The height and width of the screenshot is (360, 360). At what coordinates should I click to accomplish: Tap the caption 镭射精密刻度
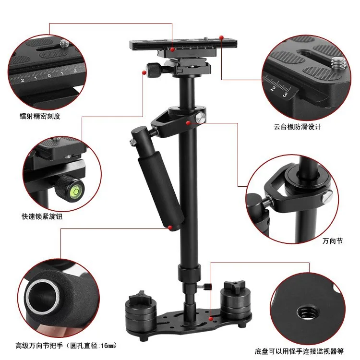[x=40, y=116]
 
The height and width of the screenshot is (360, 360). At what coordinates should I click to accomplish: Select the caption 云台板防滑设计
[x=297, y=127]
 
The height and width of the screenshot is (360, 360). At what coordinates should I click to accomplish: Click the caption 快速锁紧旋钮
[x=42, y=216]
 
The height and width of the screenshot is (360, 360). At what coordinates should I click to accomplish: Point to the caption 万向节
[x=333, y=241]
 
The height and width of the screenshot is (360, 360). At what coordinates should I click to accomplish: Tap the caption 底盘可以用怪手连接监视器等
[x=299, y=351]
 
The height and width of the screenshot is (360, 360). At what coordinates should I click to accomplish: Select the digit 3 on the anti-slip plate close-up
[x=285, y=95]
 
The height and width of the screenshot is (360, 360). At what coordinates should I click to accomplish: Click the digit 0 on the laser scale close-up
[x=49, y=75]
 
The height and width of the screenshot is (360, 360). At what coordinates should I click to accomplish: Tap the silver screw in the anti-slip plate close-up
[x=338, y=63]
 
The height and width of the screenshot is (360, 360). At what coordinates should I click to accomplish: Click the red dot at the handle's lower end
[x=170, y=228]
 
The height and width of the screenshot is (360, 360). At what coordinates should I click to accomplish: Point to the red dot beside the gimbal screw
[x=188, y=123]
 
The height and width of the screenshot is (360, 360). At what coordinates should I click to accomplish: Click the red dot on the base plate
[x=211, y=319]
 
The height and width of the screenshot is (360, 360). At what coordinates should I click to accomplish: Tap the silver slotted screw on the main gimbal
[x=200, y=118]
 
